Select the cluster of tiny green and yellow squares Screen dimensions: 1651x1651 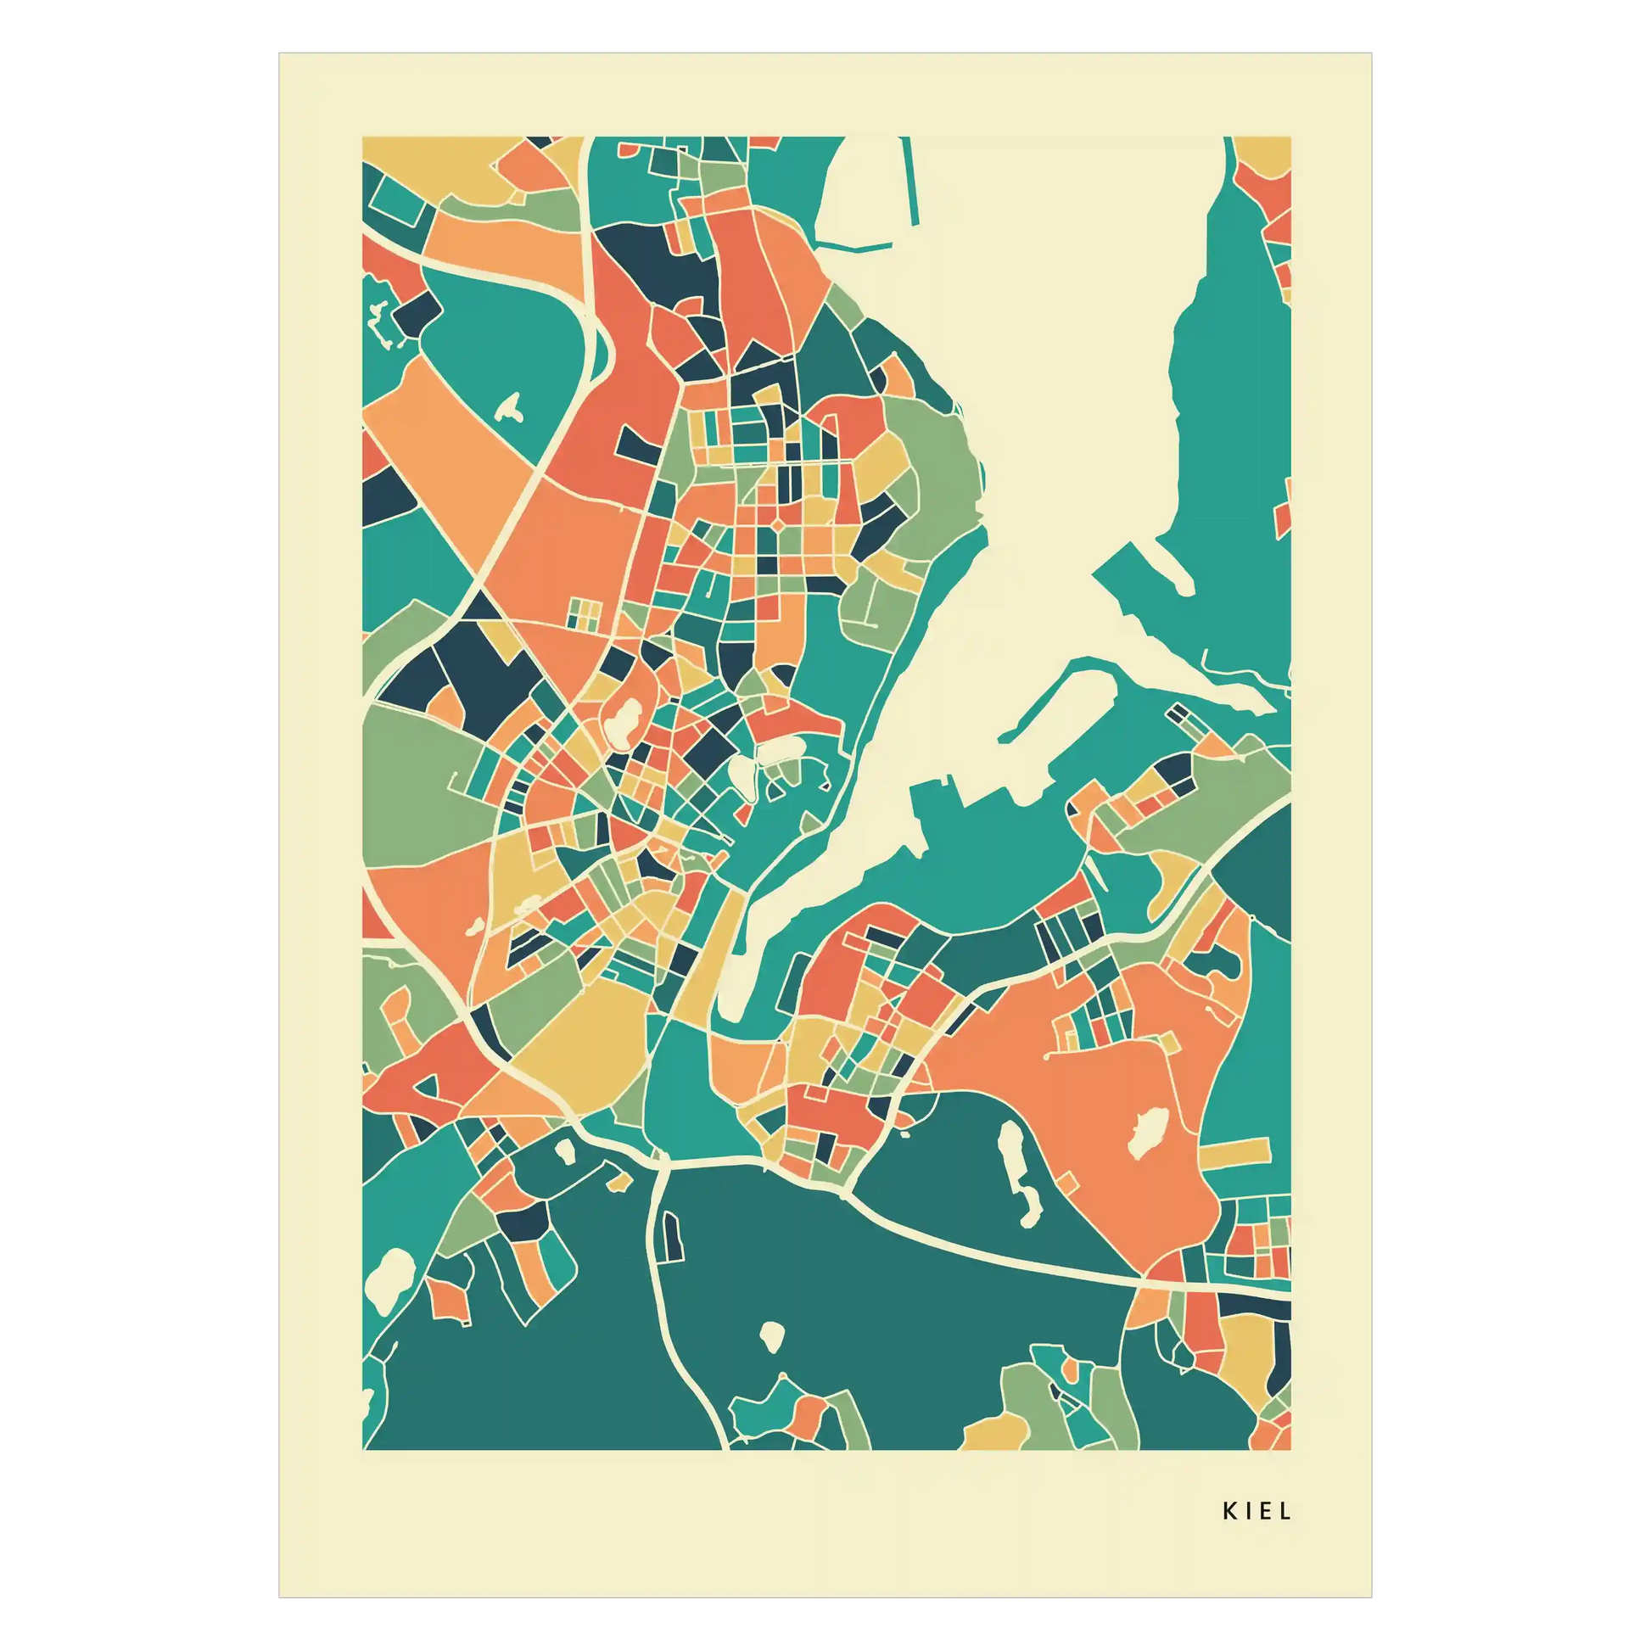pyautogui.click(x=586, y=613)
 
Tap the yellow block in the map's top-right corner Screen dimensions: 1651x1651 pyautogui.click(x=1264, y=154)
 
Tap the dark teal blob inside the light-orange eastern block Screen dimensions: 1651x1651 pyautogui.click(x=1214, y=962)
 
